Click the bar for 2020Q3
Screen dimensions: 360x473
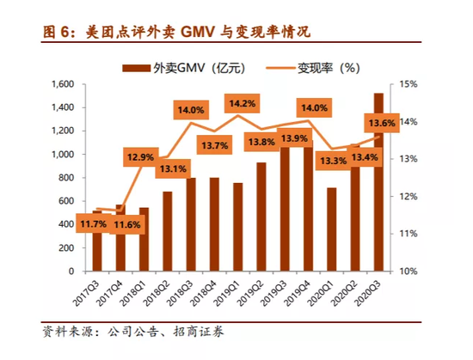tap(379, 181)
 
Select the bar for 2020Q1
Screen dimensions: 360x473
tap(331, 229)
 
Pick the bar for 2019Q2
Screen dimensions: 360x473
tap(261, 216)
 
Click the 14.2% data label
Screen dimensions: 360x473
tap(242, 104)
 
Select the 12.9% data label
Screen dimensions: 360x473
tap(139, 157)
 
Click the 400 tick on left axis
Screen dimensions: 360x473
tap(65, 224)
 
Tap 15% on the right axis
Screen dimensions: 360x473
tap(407, 84)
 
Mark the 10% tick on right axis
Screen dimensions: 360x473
tap(407, 271)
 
